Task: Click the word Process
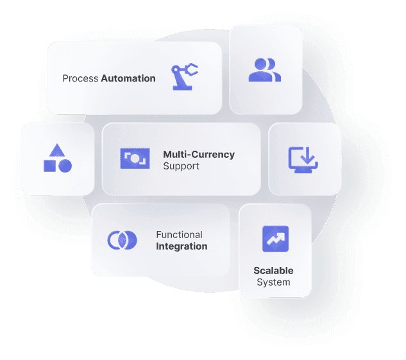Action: point(80,78)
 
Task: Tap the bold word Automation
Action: point(128,78)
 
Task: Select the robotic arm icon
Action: point(184,76)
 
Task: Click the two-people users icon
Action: point(265,70)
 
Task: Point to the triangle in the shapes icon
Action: point(57,151)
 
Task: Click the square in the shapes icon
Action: point(49,166)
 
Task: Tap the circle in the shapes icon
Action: point(65,166)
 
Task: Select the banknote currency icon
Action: point(135,159)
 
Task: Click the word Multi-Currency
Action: point(199,155)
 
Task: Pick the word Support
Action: point(181,166)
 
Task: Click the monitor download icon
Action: point(303,160)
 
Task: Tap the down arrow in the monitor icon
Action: point(308,155)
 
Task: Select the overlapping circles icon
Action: point(123,240)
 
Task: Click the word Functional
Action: point(179,235)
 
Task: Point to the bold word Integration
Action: point(182,246)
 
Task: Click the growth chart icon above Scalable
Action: point(276,239)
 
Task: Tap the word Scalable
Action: point(273,271)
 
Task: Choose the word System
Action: point(273,282)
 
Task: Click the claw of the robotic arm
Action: point(192,69)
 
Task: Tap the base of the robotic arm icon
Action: point(183,88)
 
